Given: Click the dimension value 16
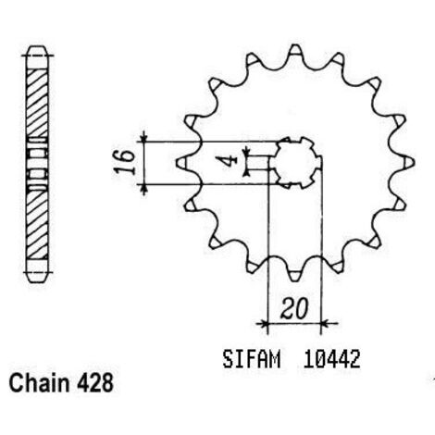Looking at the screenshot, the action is (x=125, y=163).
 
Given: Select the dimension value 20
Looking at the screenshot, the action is (x=294, y=308).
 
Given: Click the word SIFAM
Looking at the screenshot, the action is (x=252, y=359).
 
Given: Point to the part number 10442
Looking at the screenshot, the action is (x=331, y=359).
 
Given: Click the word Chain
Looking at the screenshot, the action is (x=39, y=383).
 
